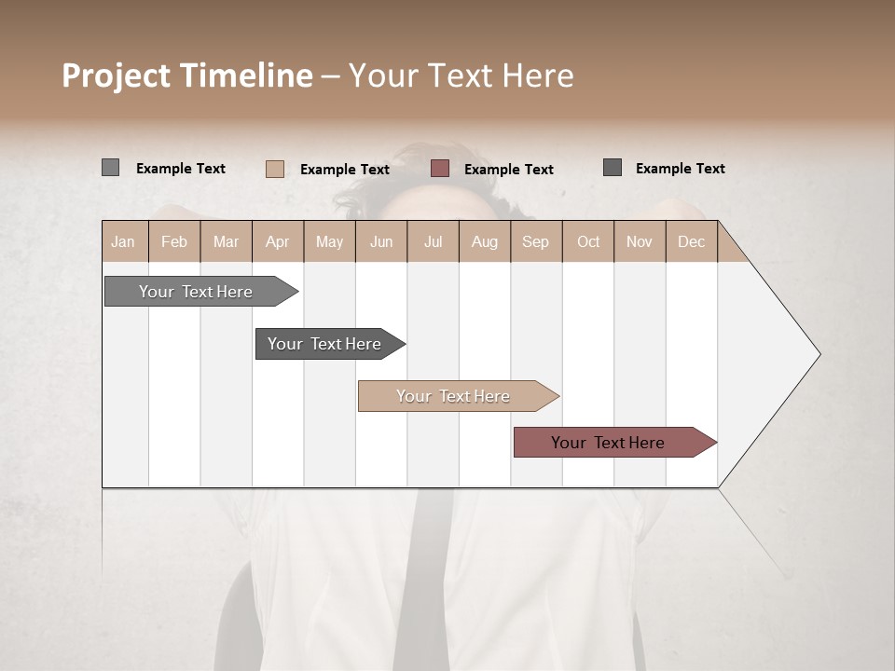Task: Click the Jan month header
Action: click(124, 241)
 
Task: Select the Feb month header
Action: click(174, 241)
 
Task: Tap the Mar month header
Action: click(226, 241)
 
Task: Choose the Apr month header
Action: click(278, 241)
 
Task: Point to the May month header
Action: click(329, 241)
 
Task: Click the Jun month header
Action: click(381, 241)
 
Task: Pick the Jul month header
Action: click(433, 241)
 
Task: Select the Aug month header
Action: click(485, 241)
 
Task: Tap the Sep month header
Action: click(536, 241)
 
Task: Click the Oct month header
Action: click(588, 241)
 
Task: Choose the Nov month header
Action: click(640, 241)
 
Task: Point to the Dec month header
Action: click(692, 241)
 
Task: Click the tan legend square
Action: click(274, 169)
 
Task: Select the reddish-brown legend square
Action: click(440, 169)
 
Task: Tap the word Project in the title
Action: click(116, 75)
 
